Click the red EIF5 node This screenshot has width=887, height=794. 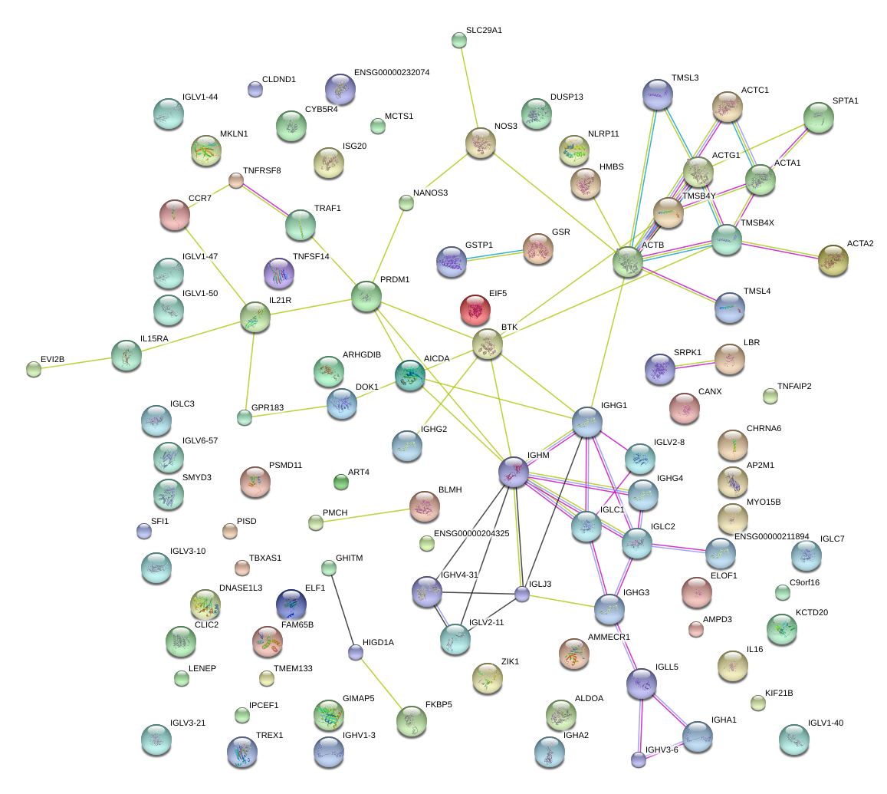coord(475,310)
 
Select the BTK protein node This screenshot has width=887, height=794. coord(488,344)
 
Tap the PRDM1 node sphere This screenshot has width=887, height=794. coord(366,296)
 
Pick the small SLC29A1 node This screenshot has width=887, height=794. coord(459,41)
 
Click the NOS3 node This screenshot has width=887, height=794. coord(481,143)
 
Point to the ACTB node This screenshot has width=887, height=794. coord(628,262)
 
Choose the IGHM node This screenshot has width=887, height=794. coord(514,473)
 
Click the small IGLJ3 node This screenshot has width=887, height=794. coord(522,594)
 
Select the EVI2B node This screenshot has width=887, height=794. coord(34,369)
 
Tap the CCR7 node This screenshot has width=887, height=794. coord(175,215)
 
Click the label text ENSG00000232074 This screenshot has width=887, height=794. coord(392,73)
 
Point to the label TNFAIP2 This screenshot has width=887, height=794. coord(793,386)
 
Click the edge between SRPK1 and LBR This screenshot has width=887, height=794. coord(695,364)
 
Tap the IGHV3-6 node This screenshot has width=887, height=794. coord(639,759)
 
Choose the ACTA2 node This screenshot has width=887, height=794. coord(833,260)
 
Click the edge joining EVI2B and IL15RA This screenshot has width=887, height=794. coord(77,363)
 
